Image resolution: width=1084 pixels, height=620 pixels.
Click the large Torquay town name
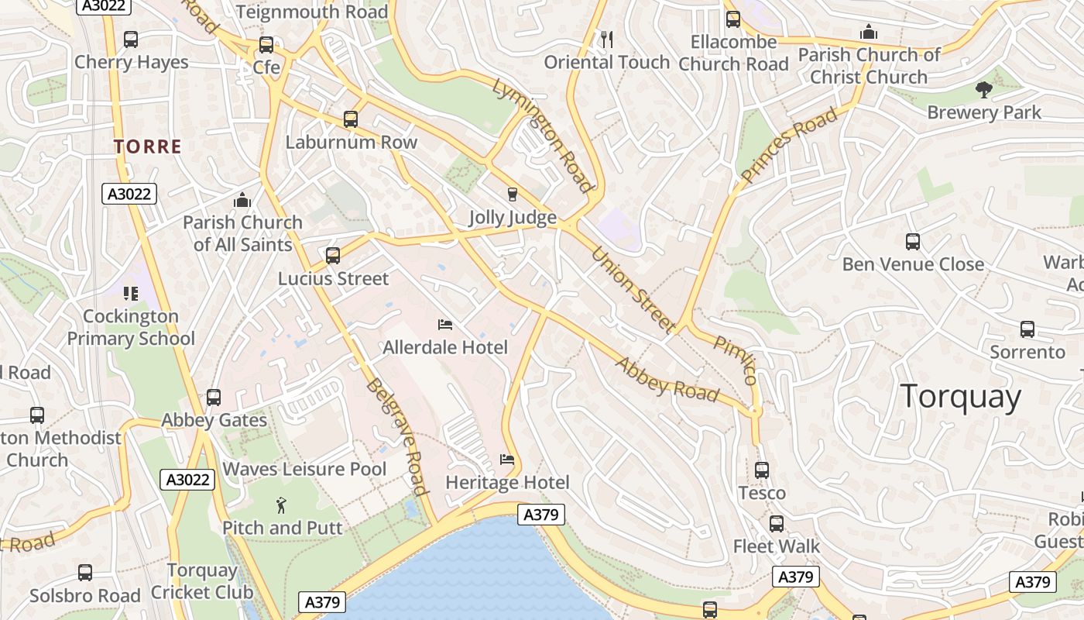point(960,397)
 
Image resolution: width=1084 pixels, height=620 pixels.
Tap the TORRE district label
point(148,146)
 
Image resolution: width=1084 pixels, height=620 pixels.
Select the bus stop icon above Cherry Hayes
point(131,40)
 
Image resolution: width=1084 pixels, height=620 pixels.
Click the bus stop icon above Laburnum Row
point(351,119)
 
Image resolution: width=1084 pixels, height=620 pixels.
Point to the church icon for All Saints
point(242,201)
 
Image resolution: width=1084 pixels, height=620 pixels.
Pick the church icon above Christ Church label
point(869,33)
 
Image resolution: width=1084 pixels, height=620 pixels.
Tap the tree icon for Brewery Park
point(984,90)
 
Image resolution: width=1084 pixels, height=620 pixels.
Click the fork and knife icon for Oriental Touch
point(607,39)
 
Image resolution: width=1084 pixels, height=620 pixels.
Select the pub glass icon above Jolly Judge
point(512,194)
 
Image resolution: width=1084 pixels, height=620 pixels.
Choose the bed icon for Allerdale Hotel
point(445,324)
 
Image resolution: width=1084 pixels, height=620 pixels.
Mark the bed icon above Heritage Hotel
point(507,460)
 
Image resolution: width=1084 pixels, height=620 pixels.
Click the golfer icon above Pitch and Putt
point(281,506)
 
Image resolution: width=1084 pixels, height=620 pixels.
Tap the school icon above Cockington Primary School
point(130,293)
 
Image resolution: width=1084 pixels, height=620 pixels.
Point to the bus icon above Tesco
point(762,470)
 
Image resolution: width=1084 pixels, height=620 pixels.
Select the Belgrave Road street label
point(397,436)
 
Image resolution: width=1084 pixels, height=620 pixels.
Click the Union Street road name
point(633,290)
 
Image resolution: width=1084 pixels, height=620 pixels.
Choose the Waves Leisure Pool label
point(304,469)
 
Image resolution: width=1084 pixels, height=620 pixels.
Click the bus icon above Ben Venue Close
point(913,242)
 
